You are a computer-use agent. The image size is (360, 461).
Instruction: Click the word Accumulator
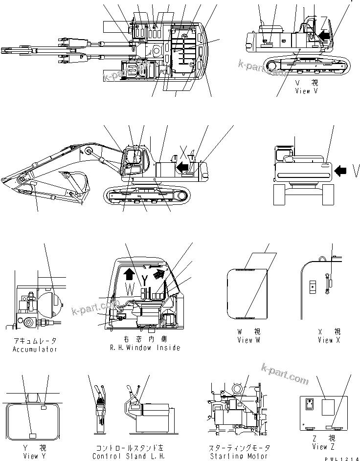(x=35, y=349)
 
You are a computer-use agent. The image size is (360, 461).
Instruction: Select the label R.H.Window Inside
(x=146, y=348)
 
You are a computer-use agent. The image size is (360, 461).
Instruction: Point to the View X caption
(x=325, y=340)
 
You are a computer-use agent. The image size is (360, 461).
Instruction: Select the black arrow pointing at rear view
(x=342, y=171)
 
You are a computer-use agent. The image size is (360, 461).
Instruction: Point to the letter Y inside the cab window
(x=145, y=281)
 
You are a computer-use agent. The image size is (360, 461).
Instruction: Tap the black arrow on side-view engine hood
(x=183, y=168)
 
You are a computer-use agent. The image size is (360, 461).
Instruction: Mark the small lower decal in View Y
(x=33, y=435)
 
